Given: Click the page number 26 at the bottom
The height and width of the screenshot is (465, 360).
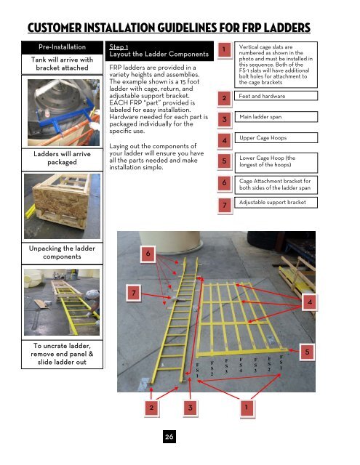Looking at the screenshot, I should [x=168, y=437].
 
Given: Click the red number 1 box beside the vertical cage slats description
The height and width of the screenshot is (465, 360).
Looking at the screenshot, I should [x=227, y=49].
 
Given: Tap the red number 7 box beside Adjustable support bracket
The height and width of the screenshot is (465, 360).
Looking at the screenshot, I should [x=227, y=206].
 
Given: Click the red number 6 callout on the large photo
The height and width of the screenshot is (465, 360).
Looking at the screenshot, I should [x=148, y=254].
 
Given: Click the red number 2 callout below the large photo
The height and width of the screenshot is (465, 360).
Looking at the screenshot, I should [x=151, y=408].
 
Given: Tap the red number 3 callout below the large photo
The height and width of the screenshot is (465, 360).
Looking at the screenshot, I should [x=189, y=408].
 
